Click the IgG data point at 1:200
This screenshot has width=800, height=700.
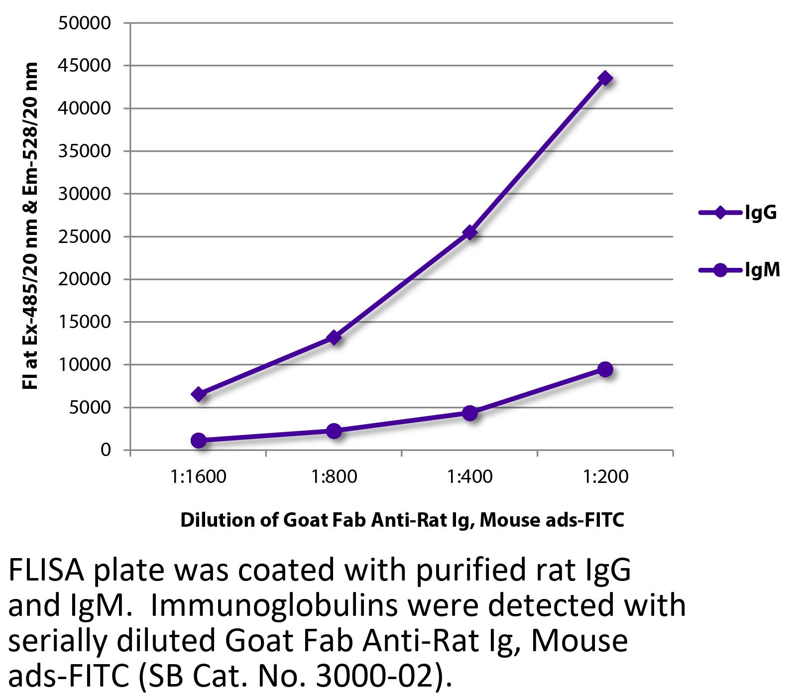[605, 78]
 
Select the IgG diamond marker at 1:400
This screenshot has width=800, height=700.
[469, 233]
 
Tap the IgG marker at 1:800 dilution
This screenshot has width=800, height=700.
[334, 338]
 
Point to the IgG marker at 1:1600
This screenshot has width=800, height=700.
[199, 394]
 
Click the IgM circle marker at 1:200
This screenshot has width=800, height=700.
[605, 369]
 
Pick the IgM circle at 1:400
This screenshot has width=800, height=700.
[469, 413]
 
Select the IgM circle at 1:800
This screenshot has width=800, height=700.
[334, 431]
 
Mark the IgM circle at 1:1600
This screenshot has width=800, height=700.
[199, 440]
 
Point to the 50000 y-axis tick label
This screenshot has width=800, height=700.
[84, 23]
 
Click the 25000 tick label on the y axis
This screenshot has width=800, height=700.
[84, 236]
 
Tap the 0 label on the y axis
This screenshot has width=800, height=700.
[105, 450]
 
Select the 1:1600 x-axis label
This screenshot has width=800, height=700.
[198, 477]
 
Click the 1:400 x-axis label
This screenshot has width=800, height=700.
[469, 477]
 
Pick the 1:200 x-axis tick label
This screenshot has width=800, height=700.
[605, 477]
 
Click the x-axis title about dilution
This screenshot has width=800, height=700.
[402, 520]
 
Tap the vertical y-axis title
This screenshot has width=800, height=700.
[31, 227]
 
